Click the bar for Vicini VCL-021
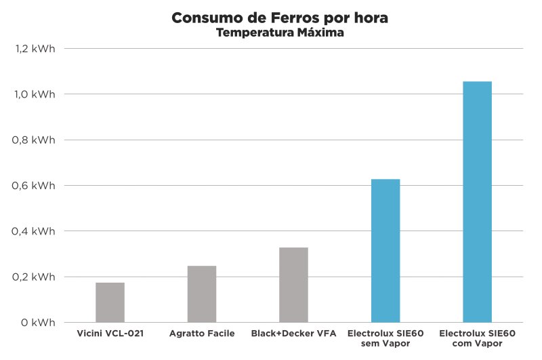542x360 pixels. (x=110, y=302)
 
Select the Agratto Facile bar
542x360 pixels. (x=202, y=294)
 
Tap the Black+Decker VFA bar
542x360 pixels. (x=293, y=285)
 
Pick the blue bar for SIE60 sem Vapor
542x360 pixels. (x=385, y=251)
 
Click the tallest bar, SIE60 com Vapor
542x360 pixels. (x=477, y=202)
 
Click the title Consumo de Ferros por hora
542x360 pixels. (x=280, y=18)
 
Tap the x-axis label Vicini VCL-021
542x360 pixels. (x=109, y=334)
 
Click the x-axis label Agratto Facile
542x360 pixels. (x=201, y=334)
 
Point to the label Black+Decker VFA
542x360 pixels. (x=293, y=334)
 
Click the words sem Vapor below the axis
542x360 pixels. (x=385, y=344)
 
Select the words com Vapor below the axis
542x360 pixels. (x=477, y=344)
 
